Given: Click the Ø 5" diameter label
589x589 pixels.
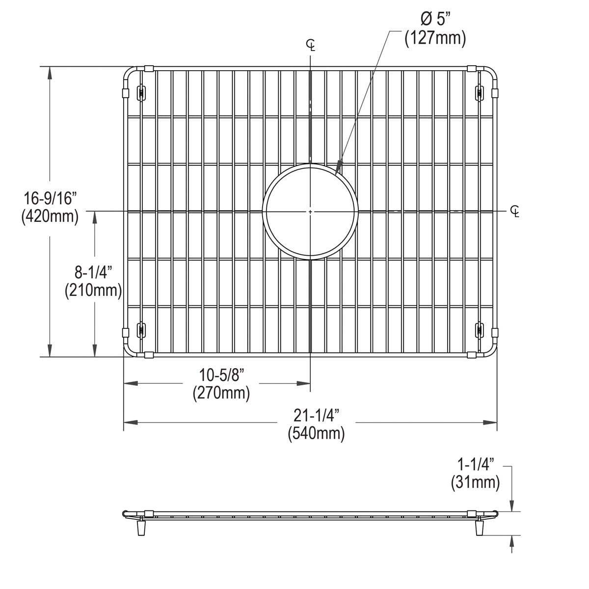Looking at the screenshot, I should coord(434,20).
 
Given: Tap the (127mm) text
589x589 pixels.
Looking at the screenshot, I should coord(435,38).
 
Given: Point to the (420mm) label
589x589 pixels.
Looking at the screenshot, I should coord(50,216).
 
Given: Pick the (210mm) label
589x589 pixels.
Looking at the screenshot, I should coord(93,291).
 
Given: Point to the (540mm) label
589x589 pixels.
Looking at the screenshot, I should coord(317,433).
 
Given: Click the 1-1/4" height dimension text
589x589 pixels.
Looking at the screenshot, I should coord(475,464).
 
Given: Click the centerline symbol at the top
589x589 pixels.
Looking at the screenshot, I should coord(311,46).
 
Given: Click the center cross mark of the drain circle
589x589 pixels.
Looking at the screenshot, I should coord(311,211).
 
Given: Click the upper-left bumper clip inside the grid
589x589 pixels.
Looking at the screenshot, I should coord(141,92).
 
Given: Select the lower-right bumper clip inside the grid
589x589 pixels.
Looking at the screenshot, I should coord(479,329).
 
